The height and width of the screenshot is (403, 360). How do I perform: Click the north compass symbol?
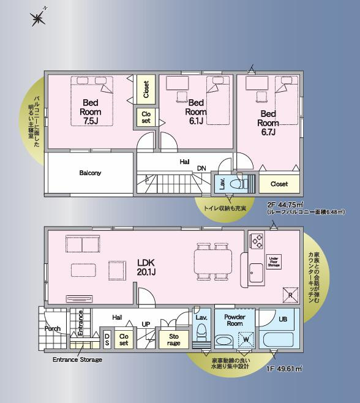pyautogui.click(x=37, y=19)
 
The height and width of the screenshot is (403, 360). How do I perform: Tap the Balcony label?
pyautogui.click(x=90, y=173)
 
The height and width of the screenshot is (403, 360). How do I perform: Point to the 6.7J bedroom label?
pyautogui.click(x=268, y=122)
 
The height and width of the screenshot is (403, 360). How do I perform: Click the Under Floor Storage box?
pyautogui.click(x=274, y=262)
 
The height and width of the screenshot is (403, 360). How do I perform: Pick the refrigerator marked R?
pyautogui.click(x=290, y=294)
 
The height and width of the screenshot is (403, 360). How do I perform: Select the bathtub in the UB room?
pyautogui.click(x=280, y=339)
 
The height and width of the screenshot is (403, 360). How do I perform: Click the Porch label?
pyautogui.click(x=53, y=329)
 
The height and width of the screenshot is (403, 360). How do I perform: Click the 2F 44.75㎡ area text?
pyautogui.click(x=285, y=204)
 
